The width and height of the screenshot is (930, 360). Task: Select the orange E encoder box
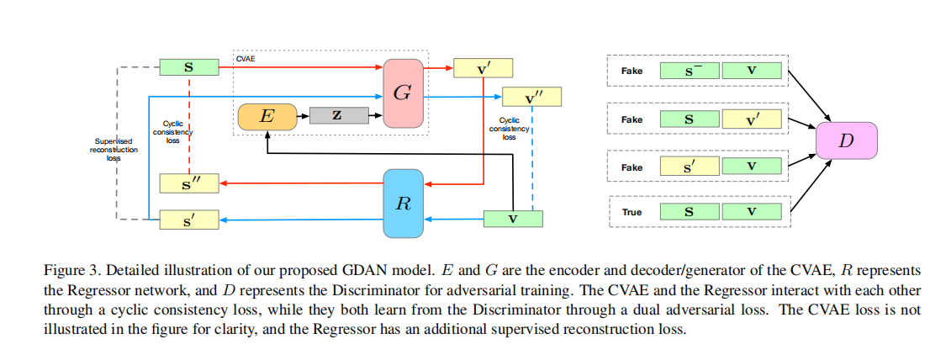(267, 117)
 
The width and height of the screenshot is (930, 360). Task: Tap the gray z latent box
(336, 116)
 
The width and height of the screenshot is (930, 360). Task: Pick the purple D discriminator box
(846, 140)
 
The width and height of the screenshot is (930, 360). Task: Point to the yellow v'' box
(531, 97)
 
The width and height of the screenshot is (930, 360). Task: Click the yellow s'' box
(189, 182)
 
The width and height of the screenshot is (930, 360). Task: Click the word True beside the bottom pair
(631, 212)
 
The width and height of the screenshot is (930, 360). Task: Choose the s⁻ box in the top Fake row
(690, 71)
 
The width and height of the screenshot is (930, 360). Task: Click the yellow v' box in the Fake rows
(751, 119)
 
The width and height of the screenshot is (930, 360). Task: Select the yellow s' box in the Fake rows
(690, 167)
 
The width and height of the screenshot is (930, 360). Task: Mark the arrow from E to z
(303, 116)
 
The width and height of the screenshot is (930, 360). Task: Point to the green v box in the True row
(751, 212)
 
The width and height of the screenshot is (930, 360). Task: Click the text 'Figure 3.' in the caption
(69, 271)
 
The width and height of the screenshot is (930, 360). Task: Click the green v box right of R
(514, 219)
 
